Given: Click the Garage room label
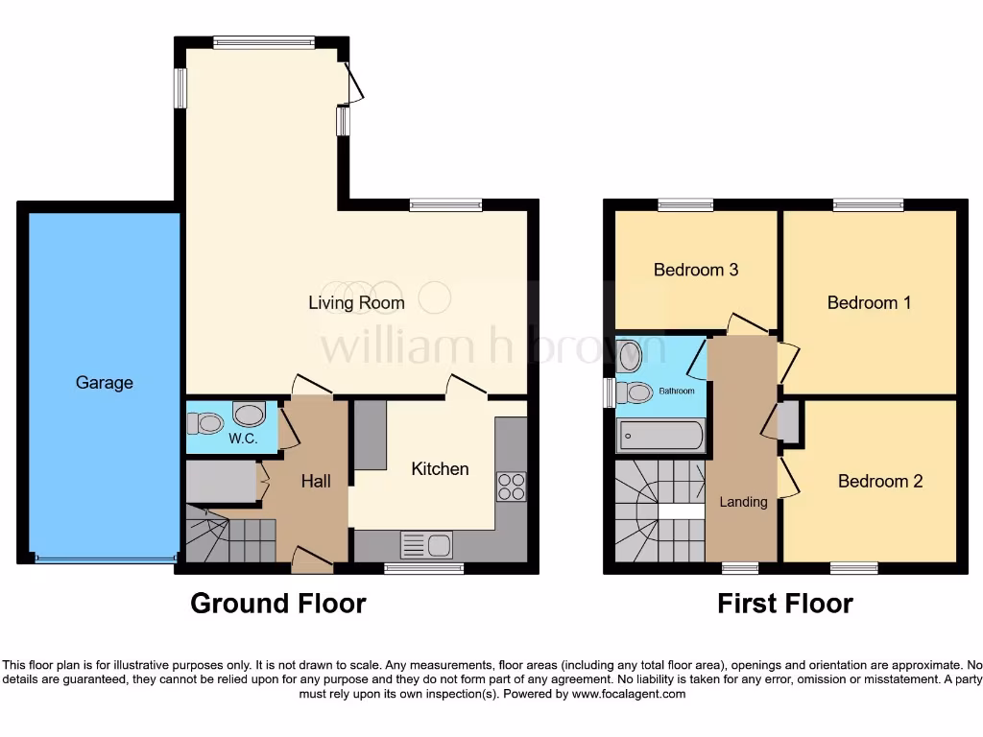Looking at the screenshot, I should point(105,383).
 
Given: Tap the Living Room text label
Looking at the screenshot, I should point(356,303).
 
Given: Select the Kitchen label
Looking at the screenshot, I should point(440,469).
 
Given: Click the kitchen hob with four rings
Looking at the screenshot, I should point(512,487).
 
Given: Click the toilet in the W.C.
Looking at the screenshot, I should point(204,422).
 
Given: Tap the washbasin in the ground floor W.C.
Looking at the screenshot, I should point(250,416).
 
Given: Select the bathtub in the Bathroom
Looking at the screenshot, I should point(660,437).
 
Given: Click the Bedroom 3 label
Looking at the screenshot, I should point(695,270).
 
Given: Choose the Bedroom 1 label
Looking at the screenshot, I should point(869,303).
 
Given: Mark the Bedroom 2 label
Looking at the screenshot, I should point(879,482).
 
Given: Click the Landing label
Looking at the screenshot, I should point(743,502).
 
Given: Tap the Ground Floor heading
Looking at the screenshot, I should point(277,604).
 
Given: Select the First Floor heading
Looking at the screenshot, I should point(784,604).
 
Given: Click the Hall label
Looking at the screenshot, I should point(316,481).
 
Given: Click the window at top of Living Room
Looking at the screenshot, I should point(264,41).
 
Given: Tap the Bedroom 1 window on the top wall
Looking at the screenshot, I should point(868,204).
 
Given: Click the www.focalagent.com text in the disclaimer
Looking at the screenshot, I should point(629,694).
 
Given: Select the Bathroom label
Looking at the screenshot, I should point(676,392).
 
